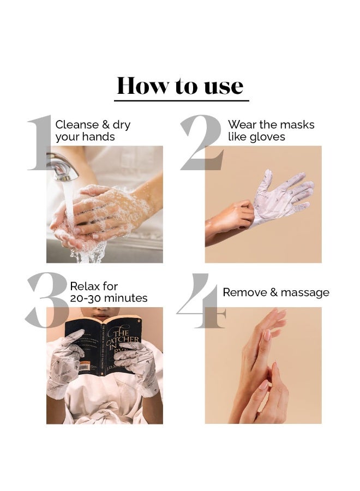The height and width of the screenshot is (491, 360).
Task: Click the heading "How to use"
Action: pos(180,86)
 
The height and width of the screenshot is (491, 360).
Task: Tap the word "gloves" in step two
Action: pos(267,137)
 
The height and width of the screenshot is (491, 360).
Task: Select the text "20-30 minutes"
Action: pos(109,298)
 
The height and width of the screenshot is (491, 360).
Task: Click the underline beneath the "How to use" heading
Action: pos(181,101)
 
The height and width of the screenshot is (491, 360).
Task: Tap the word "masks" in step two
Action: pos(297,125)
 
